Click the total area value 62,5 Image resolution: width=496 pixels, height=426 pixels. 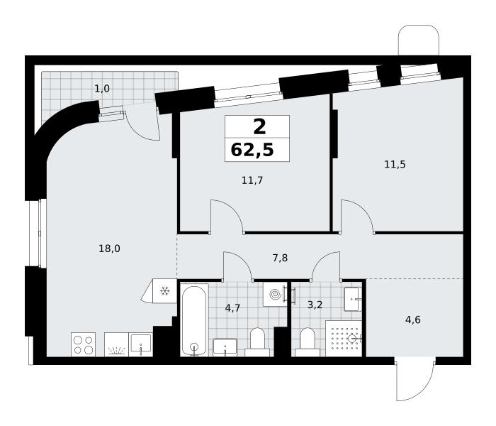(252, 150)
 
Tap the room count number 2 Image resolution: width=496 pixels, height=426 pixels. (259, 127)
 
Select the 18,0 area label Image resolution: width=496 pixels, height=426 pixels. (109, 248)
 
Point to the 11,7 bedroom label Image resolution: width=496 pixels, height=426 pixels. (252, 180)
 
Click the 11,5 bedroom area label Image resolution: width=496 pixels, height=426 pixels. (395, 164)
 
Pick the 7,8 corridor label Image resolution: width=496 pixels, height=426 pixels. (280, 258)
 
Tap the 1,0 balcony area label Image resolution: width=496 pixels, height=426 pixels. (102, 89)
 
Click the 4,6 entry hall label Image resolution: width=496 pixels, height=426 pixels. (413, 319)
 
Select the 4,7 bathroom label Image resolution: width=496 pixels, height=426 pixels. (232, 307)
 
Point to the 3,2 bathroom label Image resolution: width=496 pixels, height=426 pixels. (315, 305)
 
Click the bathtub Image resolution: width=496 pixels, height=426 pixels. (194, 320)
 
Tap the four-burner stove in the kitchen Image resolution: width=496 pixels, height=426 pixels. (83, 344)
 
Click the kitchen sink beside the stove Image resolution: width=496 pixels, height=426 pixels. (141, 344)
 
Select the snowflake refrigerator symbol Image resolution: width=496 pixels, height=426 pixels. (165, 290)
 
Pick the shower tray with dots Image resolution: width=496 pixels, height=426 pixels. (344, 339)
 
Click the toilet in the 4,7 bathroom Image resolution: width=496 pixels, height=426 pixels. (257, 342)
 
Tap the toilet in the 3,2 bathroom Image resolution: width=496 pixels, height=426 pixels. (307, 342)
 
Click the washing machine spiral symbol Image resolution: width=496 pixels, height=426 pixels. (276, 295)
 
